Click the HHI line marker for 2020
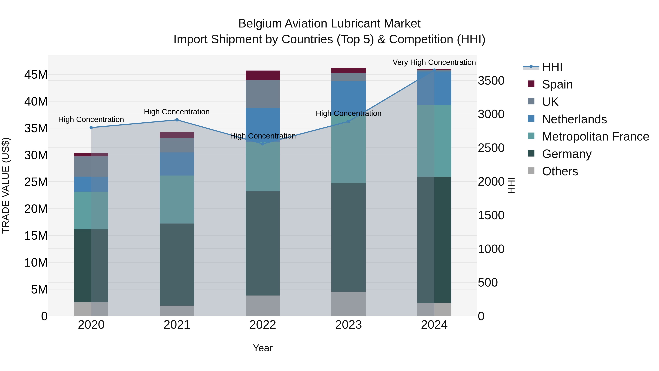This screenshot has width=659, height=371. [91, 128]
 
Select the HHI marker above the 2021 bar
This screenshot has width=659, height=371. [177, 120]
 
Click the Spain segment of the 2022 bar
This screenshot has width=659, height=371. [263, 75]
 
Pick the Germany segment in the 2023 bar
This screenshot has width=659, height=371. [348, 237]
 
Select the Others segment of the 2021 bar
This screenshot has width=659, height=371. [177, 311]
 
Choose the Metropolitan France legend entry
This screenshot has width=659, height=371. [595, 136]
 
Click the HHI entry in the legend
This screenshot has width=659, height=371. [552, 67]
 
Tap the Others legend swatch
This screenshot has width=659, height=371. [531, 171]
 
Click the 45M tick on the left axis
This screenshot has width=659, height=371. [36, 75]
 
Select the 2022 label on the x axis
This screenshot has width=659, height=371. [263, 325]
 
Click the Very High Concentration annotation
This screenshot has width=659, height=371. [434, 62]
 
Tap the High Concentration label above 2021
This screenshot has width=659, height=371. [177, 112]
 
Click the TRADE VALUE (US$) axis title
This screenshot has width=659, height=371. [6, 185]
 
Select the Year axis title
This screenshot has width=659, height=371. [263, 348]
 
